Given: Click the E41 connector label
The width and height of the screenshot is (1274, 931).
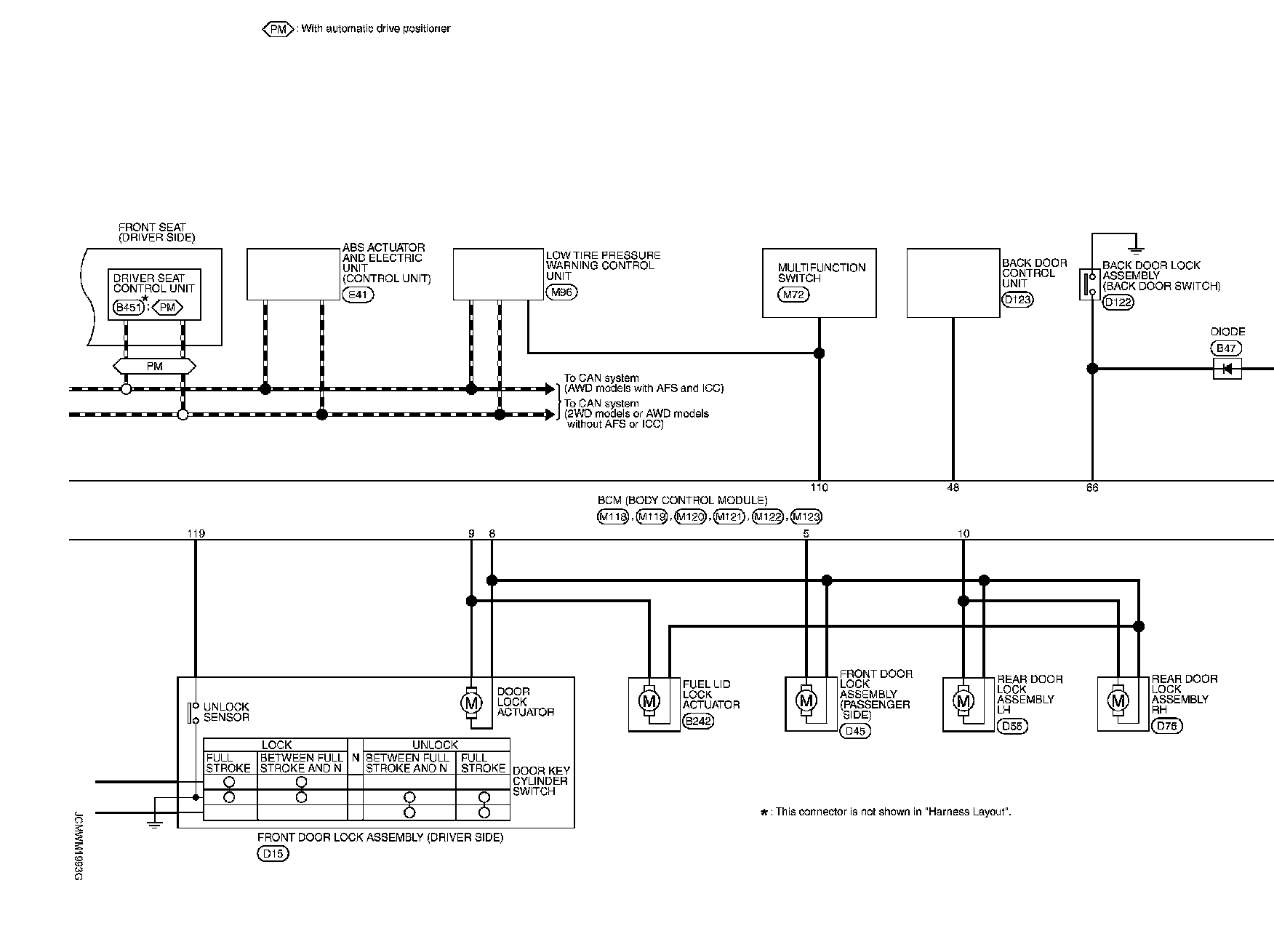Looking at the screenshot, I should [357, 295].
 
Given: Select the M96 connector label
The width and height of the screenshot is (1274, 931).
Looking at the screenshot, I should [561, 292].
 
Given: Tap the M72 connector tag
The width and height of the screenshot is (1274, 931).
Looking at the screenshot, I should [793, 295].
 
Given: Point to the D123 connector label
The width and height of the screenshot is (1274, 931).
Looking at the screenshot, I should [1017, 299].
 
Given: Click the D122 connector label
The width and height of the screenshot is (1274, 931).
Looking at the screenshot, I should [1118, 302].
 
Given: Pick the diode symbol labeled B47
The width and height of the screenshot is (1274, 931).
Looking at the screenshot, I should [1227, 369].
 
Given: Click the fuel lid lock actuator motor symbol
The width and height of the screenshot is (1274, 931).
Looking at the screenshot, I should [649, 701].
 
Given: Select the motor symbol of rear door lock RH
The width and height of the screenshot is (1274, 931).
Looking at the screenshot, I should [1118, 701].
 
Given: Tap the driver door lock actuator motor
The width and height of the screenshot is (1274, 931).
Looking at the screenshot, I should [471, 703].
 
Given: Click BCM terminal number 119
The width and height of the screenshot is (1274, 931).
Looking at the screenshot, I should [196, 533].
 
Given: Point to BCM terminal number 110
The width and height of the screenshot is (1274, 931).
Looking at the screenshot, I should [819, 487].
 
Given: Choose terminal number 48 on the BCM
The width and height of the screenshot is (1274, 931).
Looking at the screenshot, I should [953, 487].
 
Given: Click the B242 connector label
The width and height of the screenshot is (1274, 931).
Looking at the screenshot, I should [698, 722].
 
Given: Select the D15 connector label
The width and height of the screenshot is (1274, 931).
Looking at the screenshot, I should [273, 854].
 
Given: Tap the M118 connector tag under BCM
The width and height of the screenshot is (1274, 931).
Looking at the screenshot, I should [612, 517].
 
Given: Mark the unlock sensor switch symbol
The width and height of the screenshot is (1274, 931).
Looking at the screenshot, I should [194, 713].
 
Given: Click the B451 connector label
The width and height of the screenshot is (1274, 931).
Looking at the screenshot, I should [129, 308].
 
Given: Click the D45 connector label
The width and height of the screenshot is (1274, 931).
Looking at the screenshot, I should [854, 731].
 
